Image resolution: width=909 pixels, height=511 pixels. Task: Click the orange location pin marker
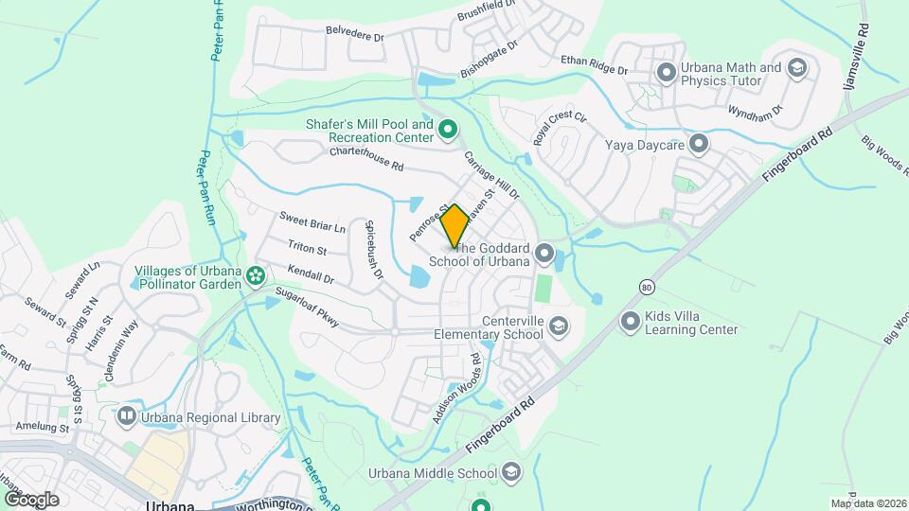point(454,226)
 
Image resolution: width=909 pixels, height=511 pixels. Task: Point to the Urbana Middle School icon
point(511,472)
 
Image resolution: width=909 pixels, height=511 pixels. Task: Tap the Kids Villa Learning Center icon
point(631,323)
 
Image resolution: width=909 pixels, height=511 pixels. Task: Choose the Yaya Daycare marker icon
point(699,145)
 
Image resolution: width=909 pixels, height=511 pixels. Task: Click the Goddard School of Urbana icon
point(544,253)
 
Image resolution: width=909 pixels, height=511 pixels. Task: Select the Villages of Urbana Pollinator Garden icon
point(255,277)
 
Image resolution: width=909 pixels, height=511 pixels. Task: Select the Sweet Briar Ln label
point(312,223)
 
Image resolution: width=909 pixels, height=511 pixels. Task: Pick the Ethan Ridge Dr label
point(594,64)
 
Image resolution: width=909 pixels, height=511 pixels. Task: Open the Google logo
point(31,499)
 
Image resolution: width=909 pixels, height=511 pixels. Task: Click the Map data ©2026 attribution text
point(866,503)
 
